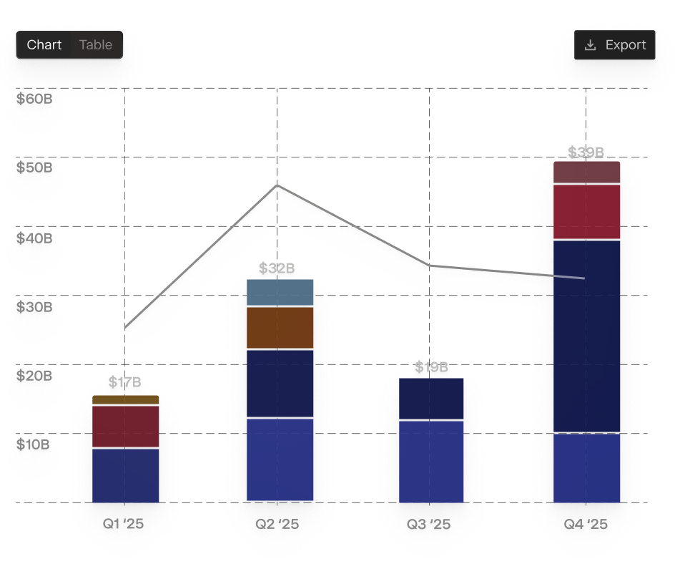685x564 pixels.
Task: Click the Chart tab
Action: pyautogui.click(x=44, y=45)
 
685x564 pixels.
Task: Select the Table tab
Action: pyautogui.click(x=95, y=45)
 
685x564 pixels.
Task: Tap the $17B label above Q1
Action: pyautogui.click(x=125, y=382)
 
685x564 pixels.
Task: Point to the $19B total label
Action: pyautogui.click(x=431, y=368)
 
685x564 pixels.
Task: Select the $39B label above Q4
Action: pyautogui.click(x=586, y=152)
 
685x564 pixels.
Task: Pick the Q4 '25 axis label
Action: pyautogui.click(x=586, y=525)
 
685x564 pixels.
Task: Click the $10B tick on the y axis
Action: pyautogui.click(x=34, y=445)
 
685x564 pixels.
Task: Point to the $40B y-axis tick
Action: pyautogui.click(x=34, y=239)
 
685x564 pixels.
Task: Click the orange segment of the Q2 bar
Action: pyautogui.click(x=280, y=328)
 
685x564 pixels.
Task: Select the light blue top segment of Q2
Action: pyautogui.click(x=280, y=293)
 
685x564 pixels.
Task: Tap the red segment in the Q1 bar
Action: pyautogui.click(x=126, y=427)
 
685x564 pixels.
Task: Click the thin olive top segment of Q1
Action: pyautogui.click(x=126, y=400)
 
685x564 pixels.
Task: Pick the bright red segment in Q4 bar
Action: pyautogui.click(x=586, y=212)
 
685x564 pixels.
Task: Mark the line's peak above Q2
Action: pyautogui.click(x=277, y=186)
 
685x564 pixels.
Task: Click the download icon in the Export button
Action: pyautogui.click(x=591, y=45)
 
